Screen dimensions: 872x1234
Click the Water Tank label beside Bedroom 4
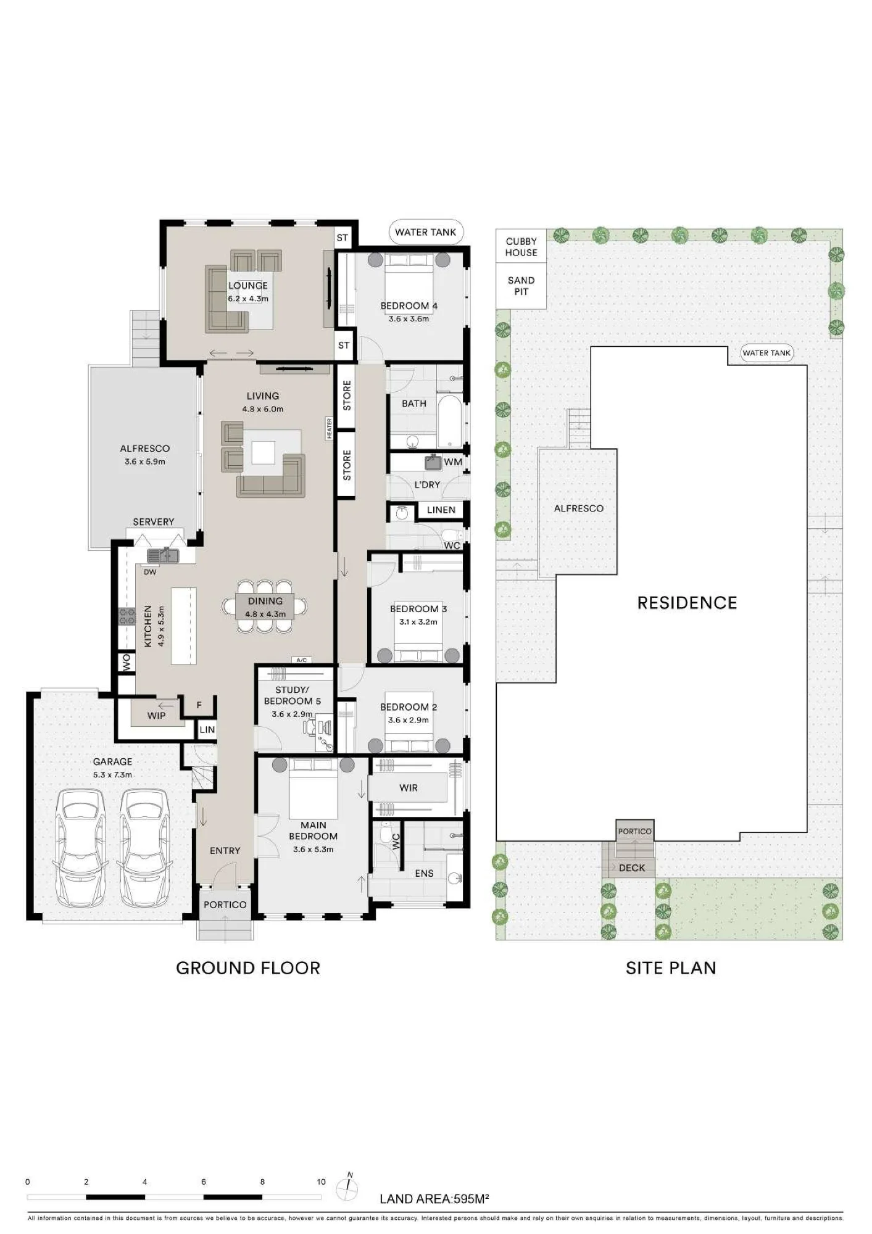426,232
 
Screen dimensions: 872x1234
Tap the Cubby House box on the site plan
521,247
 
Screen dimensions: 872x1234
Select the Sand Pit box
521,286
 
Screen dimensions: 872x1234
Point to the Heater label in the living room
330,428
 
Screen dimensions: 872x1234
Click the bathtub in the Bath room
449,421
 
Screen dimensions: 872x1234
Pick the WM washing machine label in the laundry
453,462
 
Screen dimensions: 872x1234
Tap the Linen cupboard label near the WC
441,510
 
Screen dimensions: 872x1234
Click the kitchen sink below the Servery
163,555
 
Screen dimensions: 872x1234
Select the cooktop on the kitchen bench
127,616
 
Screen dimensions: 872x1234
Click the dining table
265,607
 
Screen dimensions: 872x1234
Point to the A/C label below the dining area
301,660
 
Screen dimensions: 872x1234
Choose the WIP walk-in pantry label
156,715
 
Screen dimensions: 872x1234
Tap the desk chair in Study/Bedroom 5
310,727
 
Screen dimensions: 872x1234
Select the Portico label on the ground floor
225,905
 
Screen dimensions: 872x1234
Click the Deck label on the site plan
632,868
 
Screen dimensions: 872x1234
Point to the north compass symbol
347,1187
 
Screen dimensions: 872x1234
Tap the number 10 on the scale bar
321,1182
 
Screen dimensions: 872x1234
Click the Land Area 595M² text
434,1199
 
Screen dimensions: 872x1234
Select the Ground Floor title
248,968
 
